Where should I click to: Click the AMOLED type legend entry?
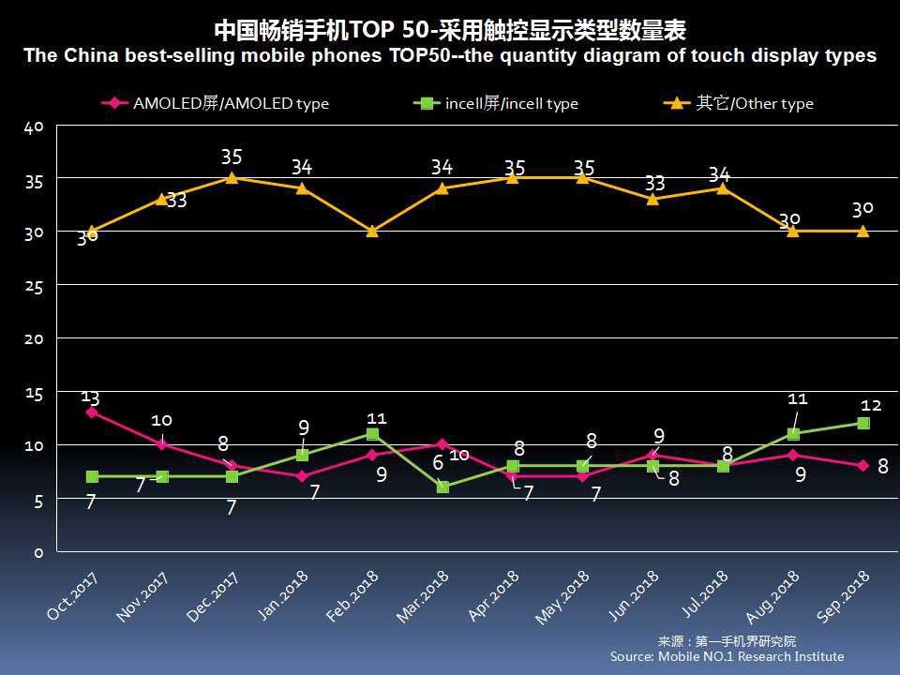tap(217, 104)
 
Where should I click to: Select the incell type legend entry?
tap(497, 104)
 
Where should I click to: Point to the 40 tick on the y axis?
tap(33, 127)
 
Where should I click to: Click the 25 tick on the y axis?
tap(33, 286)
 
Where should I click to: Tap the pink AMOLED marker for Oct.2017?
tap(91, 412)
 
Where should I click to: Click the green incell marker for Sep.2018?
tap(862, 423)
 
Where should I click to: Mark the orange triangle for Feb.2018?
tap(372, 231)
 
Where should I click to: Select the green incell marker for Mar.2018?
tap(442, 487)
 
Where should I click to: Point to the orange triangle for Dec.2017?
tap(232, 177)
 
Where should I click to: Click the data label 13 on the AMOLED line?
tap(91, 397)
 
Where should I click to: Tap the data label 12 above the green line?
tap(871, 406)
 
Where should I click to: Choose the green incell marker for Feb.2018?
tap(372, 434)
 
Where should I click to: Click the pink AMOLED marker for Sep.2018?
tap(862, 465)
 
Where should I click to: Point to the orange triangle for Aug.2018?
tap(793, 231)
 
